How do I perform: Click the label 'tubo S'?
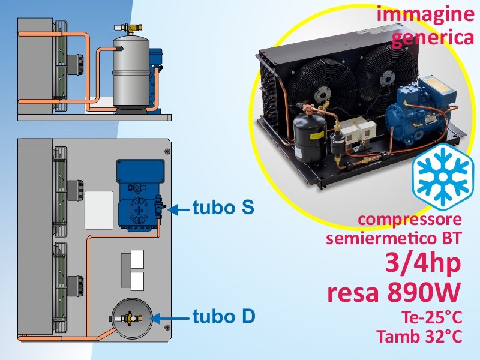(223, 207)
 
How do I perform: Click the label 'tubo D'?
(224, 316)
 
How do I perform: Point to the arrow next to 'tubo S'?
(178, 209)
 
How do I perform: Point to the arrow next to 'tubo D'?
(170, 319)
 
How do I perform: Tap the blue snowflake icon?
(442, 176)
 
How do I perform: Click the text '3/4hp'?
(423, 263)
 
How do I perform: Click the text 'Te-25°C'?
(432, 317)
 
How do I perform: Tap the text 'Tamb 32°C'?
(419, 336)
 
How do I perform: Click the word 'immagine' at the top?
(425, 14)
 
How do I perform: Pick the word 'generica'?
(433, 38)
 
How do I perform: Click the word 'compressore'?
(410, 220)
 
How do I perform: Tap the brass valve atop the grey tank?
(129, 28)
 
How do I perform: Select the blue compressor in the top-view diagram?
(140, 195)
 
